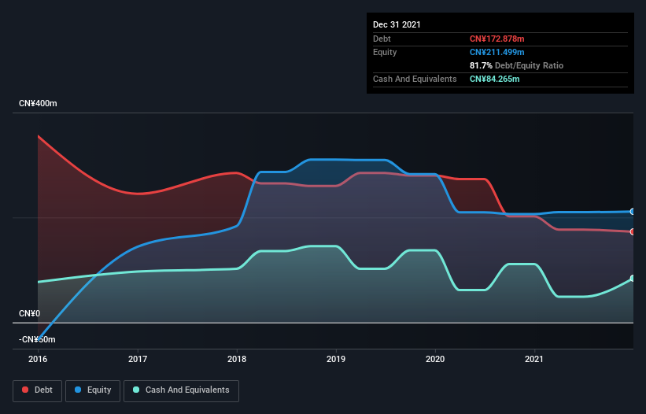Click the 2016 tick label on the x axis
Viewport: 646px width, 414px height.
coord(38,359)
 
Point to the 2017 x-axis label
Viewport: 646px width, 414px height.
coord(138,359)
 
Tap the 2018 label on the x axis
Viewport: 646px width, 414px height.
coord(237,359)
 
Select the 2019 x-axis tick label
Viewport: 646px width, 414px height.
coord(336,359)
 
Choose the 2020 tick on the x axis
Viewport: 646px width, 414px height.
coord(435,359)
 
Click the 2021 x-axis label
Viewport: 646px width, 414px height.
coord(535,359)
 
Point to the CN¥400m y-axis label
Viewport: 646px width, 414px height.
coord(38,104)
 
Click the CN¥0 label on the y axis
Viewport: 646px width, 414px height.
coord(29,313)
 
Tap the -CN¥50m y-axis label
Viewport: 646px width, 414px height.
coord(38,339)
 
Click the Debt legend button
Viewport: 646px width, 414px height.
coord(38,390)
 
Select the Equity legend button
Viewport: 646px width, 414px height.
coord(93,390)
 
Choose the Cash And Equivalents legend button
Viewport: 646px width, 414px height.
coord(181,390)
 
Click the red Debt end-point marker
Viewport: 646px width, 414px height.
coord(633,231)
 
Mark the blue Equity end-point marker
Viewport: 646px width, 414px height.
coord(633,212)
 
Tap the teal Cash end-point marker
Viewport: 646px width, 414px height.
coord(633,279)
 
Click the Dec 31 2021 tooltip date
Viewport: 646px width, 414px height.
coord(397,24)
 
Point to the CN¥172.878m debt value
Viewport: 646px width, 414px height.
coord(496,39)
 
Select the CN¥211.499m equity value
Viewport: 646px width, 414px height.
coord(496,52)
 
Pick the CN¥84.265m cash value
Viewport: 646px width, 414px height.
coord(494,79)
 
